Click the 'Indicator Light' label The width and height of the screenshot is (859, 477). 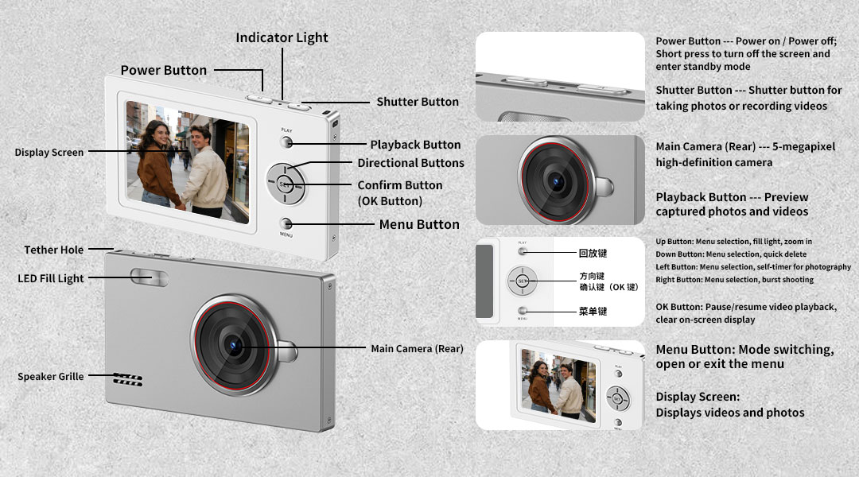[x=282, y=38]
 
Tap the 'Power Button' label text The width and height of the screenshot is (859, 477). [x=164, y=70]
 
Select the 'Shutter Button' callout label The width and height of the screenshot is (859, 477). [x=418, y=102]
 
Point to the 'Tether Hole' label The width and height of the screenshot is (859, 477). [x=54, y=250]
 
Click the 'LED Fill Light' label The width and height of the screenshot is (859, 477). [x=50, y=278]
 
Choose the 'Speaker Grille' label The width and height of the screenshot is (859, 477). [x=50, y=376]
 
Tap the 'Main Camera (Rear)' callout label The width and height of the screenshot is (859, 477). [x=417, y=348]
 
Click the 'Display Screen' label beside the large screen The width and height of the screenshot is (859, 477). [x=49, y=153]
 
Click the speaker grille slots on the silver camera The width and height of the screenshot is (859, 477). [x=128, y=379]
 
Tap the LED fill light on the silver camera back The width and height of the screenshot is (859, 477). [x=149, y=277]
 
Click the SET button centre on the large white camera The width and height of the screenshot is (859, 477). [x=285, y=184]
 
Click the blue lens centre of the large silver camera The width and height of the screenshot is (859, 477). [x=235, y=346]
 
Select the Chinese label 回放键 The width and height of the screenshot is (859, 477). [x=593, y=253]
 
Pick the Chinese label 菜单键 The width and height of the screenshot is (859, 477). [x=593, y=311]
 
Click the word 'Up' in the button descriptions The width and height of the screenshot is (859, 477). [x=661, y=242]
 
